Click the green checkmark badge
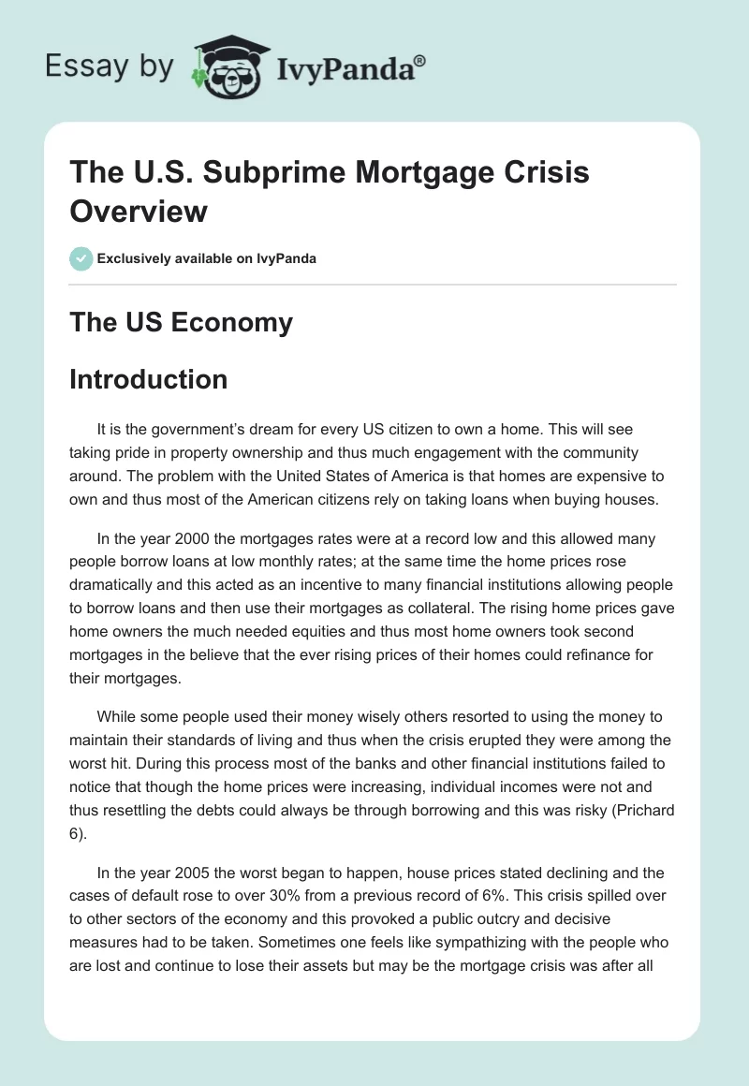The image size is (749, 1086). [x=81, y=257]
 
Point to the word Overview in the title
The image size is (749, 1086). [x=139, y=212]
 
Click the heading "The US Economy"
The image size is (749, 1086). [x=182, y=323]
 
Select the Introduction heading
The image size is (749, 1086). [x=149, y=379]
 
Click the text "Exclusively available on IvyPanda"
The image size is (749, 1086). [x=207, y=258]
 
